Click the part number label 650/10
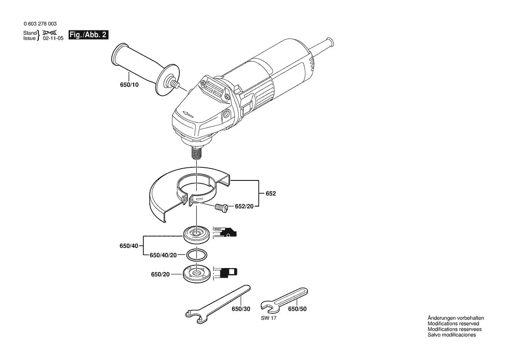[129, 85]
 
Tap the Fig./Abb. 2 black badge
[89, 35]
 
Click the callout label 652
[271, 193]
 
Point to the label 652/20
[244, 206]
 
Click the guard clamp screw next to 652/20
[221, 208]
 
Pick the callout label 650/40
[128, 246]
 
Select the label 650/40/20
[163, 255]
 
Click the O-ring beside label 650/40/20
[196, 254]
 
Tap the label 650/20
[160, 274]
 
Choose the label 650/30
[241, 309]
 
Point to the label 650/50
[297, 309]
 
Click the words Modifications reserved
[453, 324]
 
